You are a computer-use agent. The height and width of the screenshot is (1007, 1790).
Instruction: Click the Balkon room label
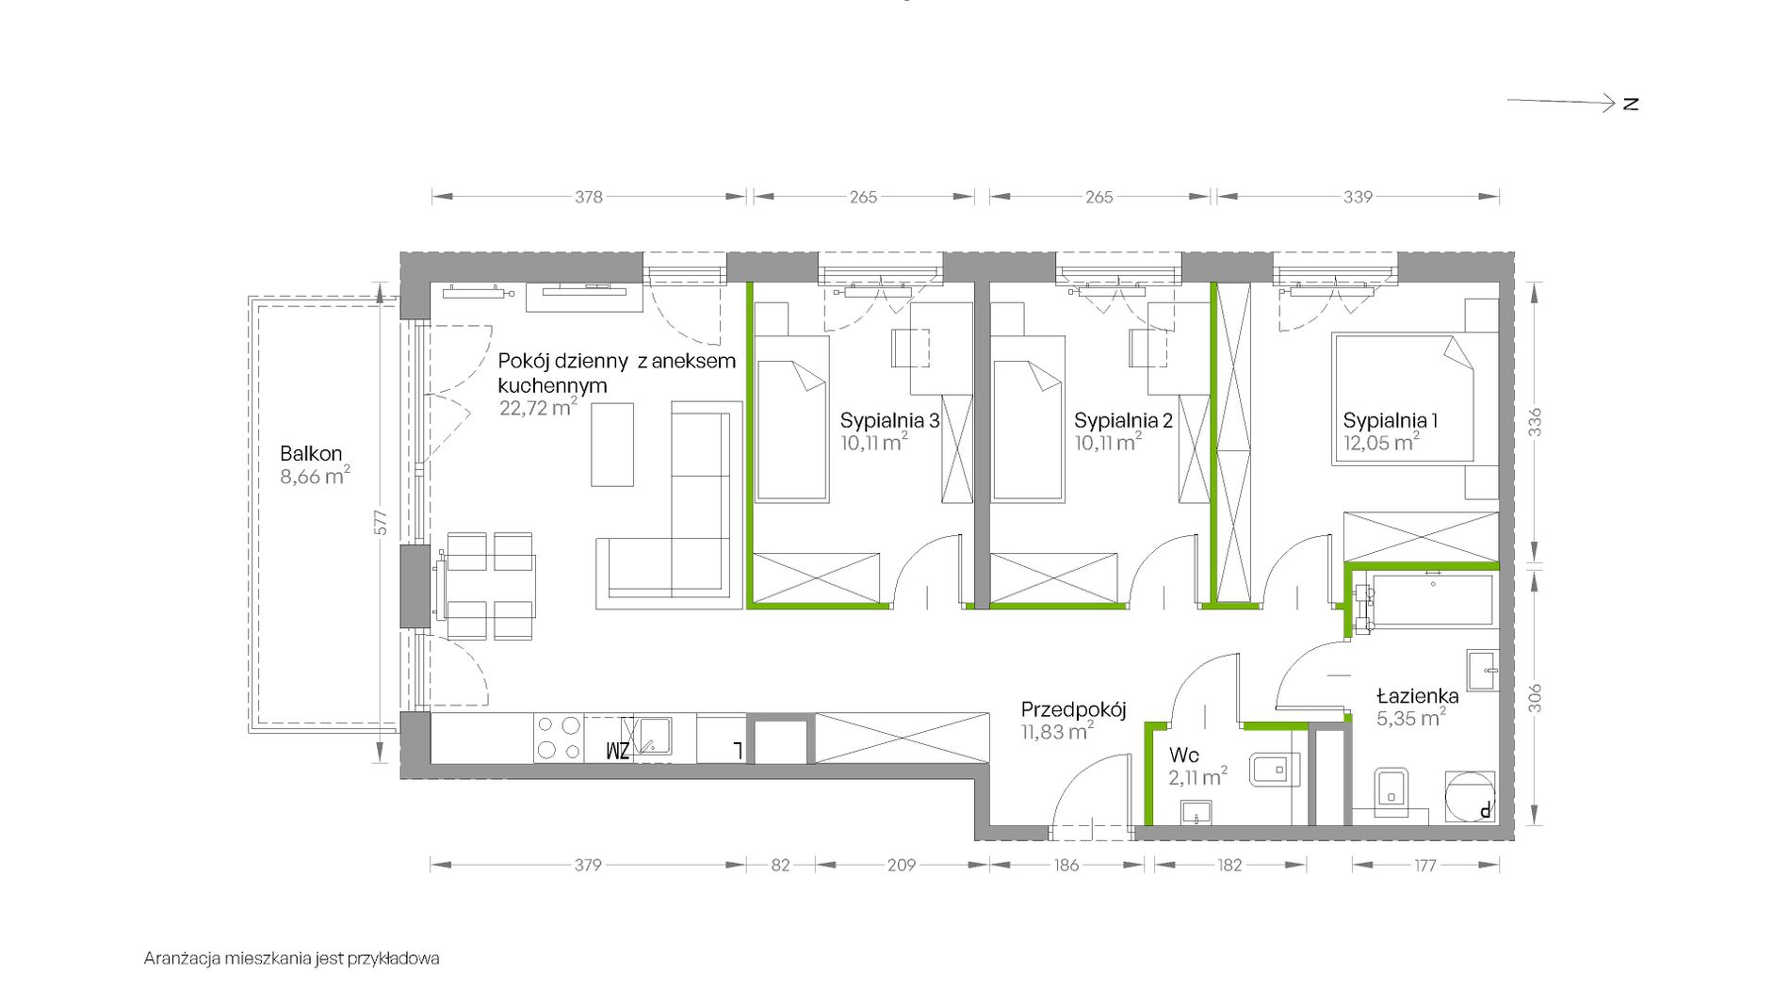point(311,454)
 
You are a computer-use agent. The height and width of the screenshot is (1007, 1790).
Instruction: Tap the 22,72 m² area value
point(538,407)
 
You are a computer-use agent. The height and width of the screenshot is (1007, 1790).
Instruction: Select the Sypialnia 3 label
point(889,421)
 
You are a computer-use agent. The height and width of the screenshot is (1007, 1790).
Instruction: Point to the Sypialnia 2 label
point(1123,421)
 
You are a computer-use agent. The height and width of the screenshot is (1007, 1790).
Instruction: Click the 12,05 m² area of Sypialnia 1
point(1381,442)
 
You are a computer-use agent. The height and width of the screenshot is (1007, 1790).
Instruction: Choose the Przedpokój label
point(1073,710)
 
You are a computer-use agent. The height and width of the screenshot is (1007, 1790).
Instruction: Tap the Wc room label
point(1183,755)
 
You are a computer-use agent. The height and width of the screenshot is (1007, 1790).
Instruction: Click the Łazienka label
point(1417,696)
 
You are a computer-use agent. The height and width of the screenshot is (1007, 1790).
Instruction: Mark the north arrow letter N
point(1631,104)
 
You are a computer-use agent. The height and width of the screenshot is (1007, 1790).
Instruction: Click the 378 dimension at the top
point(589,197)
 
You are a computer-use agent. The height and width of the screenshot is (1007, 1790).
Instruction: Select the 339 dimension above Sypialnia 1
point(1358,197)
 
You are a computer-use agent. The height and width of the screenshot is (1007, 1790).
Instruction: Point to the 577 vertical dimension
point(381,523)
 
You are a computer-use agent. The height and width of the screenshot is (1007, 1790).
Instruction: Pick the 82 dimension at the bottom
point(780,865)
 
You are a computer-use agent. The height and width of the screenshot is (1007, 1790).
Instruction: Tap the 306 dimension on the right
point(1535,698)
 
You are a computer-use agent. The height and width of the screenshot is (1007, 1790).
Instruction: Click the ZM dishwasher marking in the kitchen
point(617,751)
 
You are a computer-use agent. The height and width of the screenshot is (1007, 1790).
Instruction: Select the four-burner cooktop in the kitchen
point(559,739)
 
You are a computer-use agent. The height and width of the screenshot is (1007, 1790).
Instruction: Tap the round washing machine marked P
point(1470,797)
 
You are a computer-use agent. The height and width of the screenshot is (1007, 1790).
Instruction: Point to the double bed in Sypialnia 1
point(1403,398)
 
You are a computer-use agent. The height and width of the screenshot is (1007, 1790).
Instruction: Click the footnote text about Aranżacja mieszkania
point(292,959)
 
